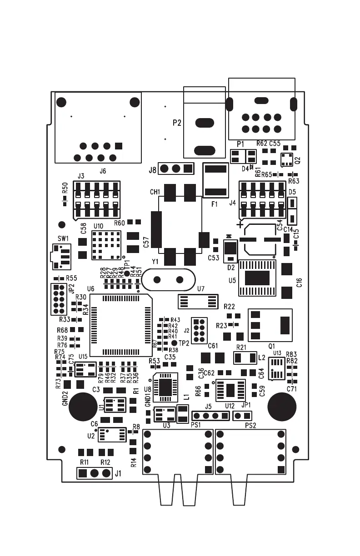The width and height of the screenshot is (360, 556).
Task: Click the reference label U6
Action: [x=90, y=289]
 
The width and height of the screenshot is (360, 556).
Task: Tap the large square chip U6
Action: [x=121, y=325]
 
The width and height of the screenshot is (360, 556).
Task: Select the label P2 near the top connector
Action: [x=177, y=123]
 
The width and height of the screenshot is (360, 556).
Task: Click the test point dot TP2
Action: [x=174, y=343]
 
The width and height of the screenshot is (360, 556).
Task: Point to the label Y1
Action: [x=155, y=262]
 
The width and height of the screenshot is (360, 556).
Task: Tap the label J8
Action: [x=152, y=170]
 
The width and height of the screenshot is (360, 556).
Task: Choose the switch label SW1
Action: [x=63, y=238]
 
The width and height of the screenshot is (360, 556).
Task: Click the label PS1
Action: [x=196, y=425]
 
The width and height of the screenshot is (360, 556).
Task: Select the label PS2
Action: [x=250, y=425]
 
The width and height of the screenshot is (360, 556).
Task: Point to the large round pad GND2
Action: [x=82, y=407]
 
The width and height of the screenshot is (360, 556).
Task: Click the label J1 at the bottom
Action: [x=118, y=474]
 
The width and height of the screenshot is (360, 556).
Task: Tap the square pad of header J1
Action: [x=83, y=474]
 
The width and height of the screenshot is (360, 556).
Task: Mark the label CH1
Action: [x=155, y=193]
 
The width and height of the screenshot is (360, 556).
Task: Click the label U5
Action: [x=232, y=280]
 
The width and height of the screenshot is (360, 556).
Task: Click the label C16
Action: [x=299, y=283]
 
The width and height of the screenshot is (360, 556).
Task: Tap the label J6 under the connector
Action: [x=103, y=171]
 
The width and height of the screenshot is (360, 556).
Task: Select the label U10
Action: [x=98, y=226]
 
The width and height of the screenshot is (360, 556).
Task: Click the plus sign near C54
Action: [x=240, y=225]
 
